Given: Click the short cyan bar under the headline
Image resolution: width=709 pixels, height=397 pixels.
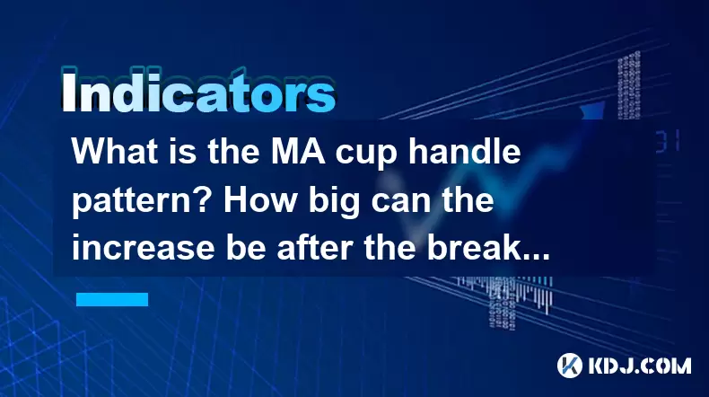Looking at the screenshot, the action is [x=112, y=299].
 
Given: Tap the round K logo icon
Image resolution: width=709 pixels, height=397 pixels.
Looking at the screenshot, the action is [x=570, y=366].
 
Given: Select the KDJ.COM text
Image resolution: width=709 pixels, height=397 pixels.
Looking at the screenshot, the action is [x=639, y=366].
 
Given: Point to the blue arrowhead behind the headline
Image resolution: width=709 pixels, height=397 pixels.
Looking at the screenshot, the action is [x=592, y=110].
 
